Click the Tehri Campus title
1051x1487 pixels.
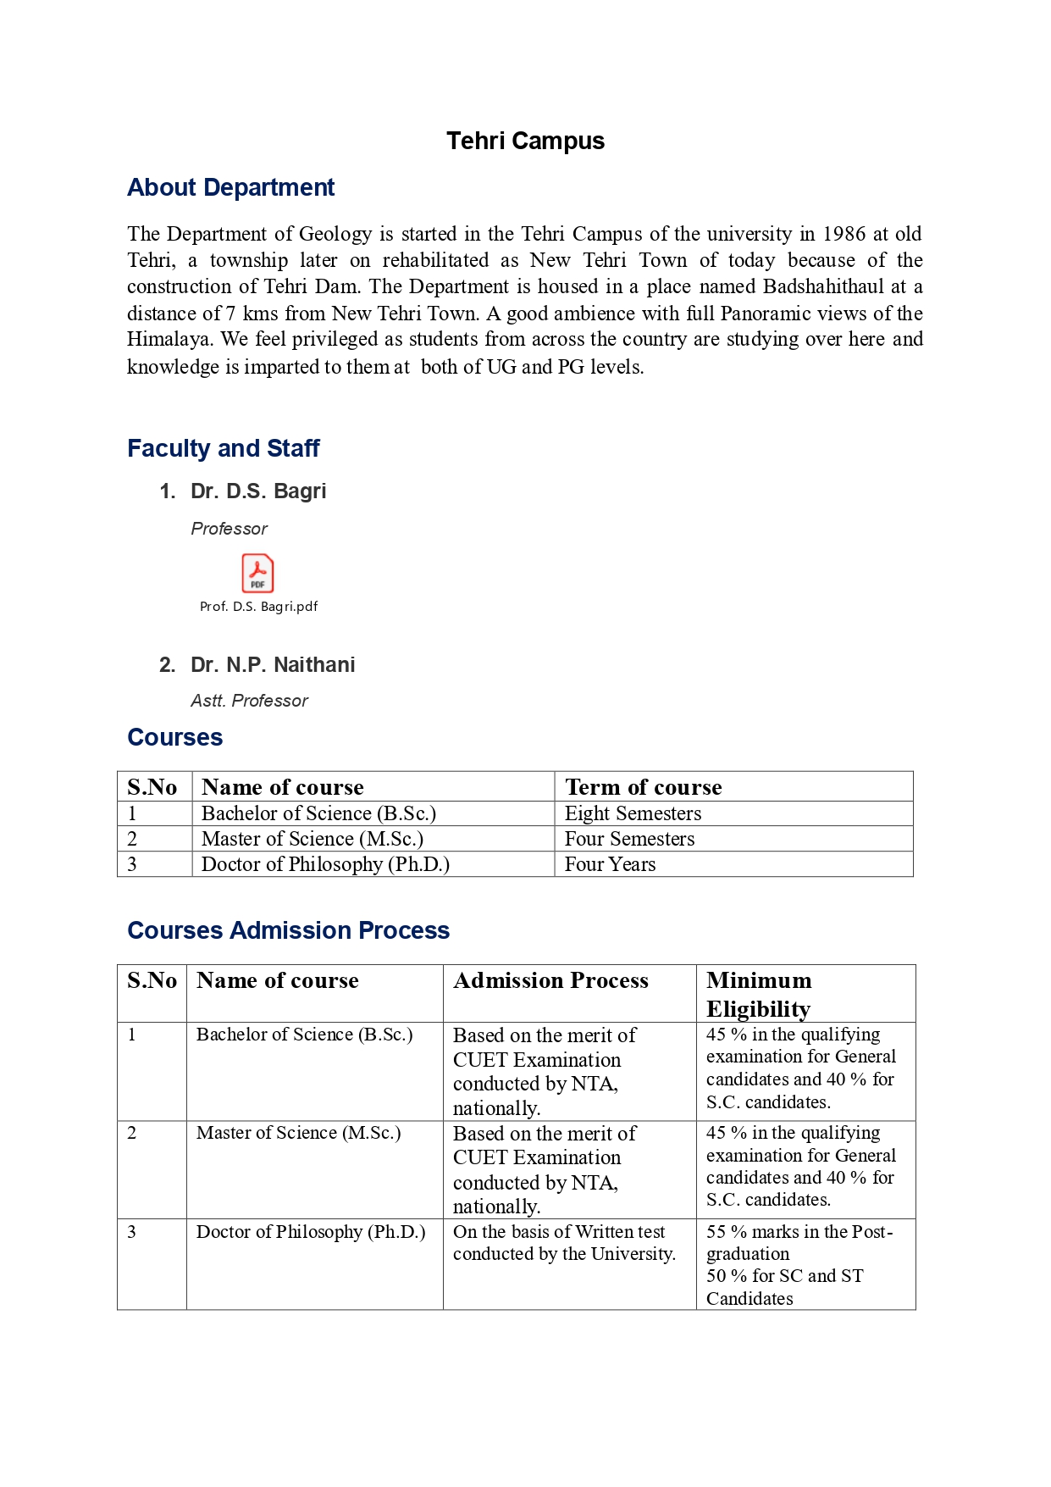coord(525,141)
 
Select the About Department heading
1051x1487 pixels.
coord(230,187)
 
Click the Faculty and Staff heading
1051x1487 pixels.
coord(223,448)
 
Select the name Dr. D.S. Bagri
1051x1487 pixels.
coord(257,491)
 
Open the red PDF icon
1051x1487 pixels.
coord(257,574)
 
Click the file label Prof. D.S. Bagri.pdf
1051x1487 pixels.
coord(258,607)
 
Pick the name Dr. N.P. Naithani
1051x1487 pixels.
coord(272,665)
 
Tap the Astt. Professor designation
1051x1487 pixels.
coord(249,701)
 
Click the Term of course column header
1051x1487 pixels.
coord(643,787)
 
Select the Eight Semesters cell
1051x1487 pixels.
coord(633,813)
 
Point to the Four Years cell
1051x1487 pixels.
coord(610,864)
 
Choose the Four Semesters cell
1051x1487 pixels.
coord(629,839)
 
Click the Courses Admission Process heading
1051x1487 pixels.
coord(288,930)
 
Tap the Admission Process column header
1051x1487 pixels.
coord(550,981)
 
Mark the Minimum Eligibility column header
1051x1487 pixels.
coord(759,995)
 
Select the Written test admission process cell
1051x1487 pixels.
coord(563,1243)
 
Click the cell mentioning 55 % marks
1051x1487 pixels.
coord(799,1264)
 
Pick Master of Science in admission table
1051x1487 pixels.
coord(298,1133)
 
